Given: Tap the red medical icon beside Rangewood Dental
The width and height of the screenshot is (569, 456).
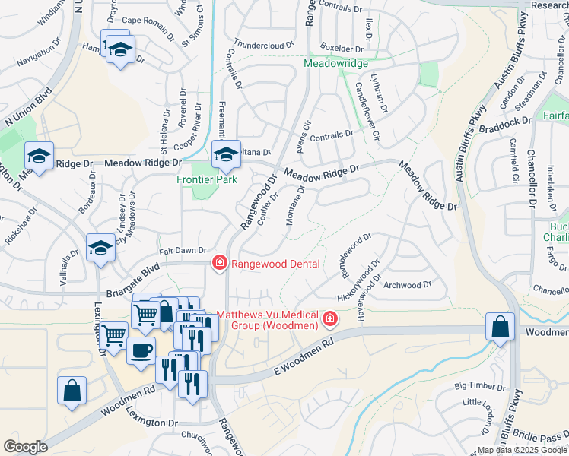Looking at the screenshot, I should [x=218, y=263].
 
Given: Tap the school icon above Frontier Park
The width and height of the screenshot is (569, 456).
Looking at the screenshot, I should [x=225, y=155].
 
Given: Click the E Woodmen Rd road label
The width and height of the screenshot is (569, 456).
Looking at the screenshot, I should [x=304, y=355].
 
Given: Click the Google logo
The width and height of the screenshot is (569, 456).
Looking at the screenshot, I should [x=25, y=447].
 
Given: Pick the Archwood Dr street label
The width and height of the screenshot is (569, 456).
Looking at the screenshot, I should [x=407, y=286].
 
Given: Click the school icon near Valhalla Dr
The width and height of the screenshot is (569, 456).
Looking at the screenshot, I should [x=100, y=248].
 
